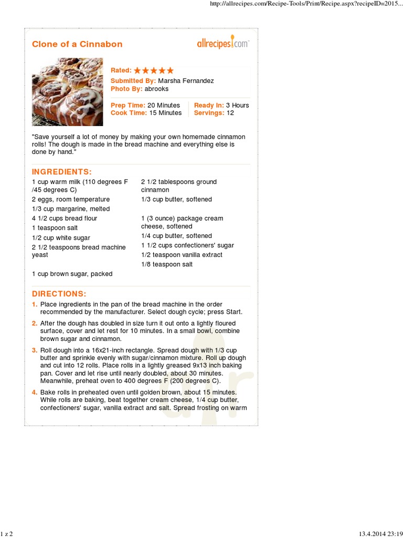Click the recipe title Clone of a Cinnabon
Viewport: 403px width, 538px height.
77,44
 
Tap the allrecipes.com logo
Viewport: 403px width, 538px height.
223,44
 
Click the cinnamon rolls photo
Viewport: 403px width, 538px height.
67,92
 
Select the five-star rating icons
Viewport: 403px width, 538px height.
153,70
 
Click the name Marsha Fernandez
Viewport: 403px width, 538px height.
186,81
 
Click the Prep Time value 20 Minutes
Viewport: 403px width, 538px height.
164,105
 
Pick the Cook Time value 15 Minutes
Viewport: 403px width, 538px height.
164,113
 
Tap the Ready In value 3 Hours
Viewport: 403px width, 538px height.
238,105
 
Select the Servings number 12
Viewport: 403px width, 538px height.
230,113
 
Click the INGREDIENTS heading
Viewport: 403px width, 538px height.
62,172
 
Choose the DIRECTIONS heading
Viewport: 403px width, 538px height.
59,294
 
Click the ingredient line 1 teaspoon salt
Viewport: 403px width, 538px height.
55,228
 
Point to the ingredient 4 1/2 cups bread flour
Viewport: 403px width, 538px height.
65,219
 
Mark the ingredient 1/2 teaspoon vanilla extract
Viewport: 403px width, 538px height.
182,255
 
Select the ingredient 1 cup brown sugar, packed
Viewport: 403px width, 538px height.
72,274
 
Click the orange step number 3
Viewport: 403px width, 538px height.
34,350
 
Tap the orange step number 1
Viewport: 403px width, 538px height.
34,304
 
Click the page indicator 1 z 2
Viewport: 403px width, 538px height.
7,534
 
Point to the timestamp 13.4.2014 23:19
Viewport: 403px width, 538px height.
380,534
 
